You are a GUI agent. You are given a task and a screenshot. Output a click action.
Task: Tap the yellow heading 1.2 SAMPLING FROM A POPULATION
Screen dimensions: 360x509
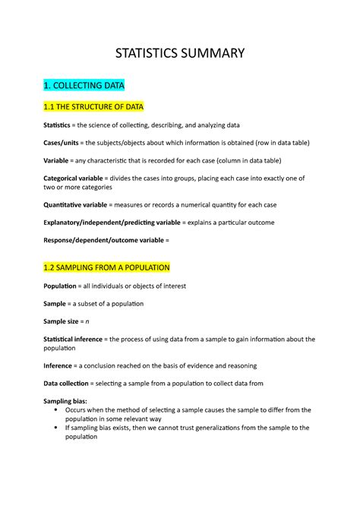107,267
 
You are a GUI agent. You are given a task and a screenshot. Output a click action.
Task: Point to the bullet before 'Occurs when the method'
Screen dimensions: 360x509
58,410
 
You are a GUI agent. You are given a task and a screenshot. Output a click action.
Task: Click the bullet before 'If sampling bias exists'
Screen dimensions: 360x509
58,428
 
